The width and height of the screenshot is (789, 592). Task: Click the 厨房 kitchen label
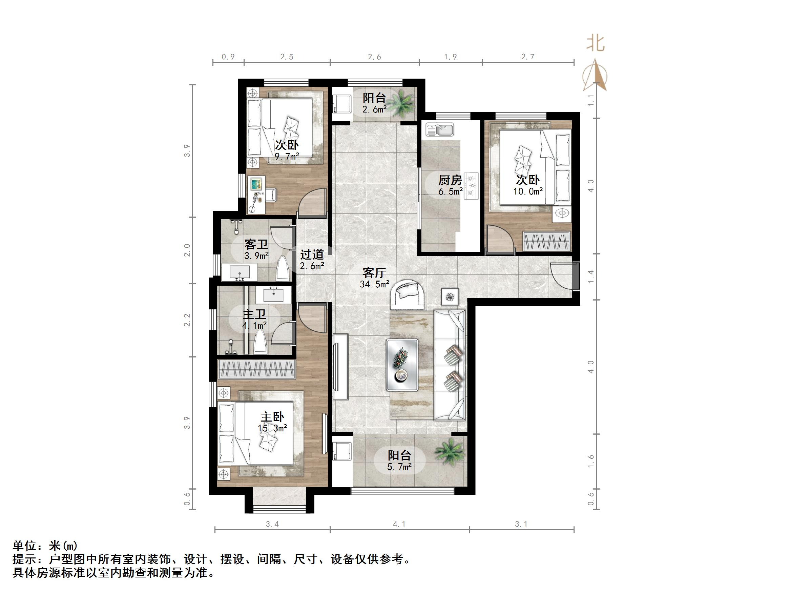point(450,180)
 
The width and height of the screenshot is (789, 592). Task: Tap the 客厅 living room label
point(374,273)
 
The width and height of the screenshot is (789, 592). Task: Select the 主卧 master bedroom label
point(272,417)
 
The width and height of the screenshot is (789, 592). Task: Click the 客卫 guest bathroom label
point(256,244)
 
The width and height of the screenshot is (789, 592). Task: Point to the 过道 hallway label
point(312,254)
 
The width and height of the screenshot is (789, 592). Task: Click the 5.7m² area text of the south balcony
point(399,466)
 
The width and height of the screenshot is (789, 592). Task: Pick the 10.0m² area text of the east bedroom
point(528,191)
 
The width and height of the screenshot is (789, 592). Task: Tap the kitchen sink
point(439,129)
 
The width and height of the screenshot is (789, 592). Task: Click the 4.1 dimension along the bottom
point(399,524)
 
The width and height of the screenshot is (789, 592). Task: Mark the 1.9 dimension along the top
point(450,57)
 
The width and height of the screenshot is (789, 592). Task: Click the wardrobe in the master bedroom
point(256,369)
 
